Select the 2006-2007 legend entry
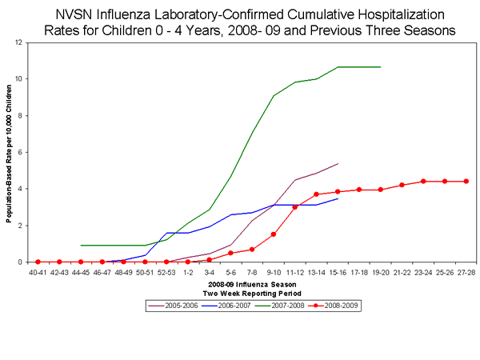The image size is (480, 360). click(226, 306)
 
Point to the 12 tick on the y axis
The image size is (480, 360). click(18, 42)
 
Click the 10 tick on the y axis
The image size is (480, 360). click(18, 79)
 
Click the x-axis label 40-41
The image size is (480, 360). click(38, 272)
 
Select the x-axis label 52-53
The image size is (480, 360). click(166, 272)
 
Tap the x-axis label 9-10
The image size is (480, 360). click(274, 272)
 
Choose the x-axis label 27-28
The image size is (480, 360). click(466, 272)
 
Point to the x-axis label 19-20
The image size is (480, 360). click(381, 272)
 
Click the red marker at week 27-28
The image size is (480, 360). click(466, 182)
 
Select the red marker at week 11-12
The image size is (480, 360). click(295, 207)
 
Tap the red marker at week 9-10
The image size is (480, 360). click(274, 234)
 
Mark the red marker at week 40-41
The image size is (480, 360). click(38, 262)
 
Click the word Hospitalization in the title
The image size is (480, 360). click(375, 14)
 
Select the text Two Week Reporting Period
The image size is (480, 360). click(252, 292)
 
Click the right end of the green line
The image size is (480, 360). click(381, 67)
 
